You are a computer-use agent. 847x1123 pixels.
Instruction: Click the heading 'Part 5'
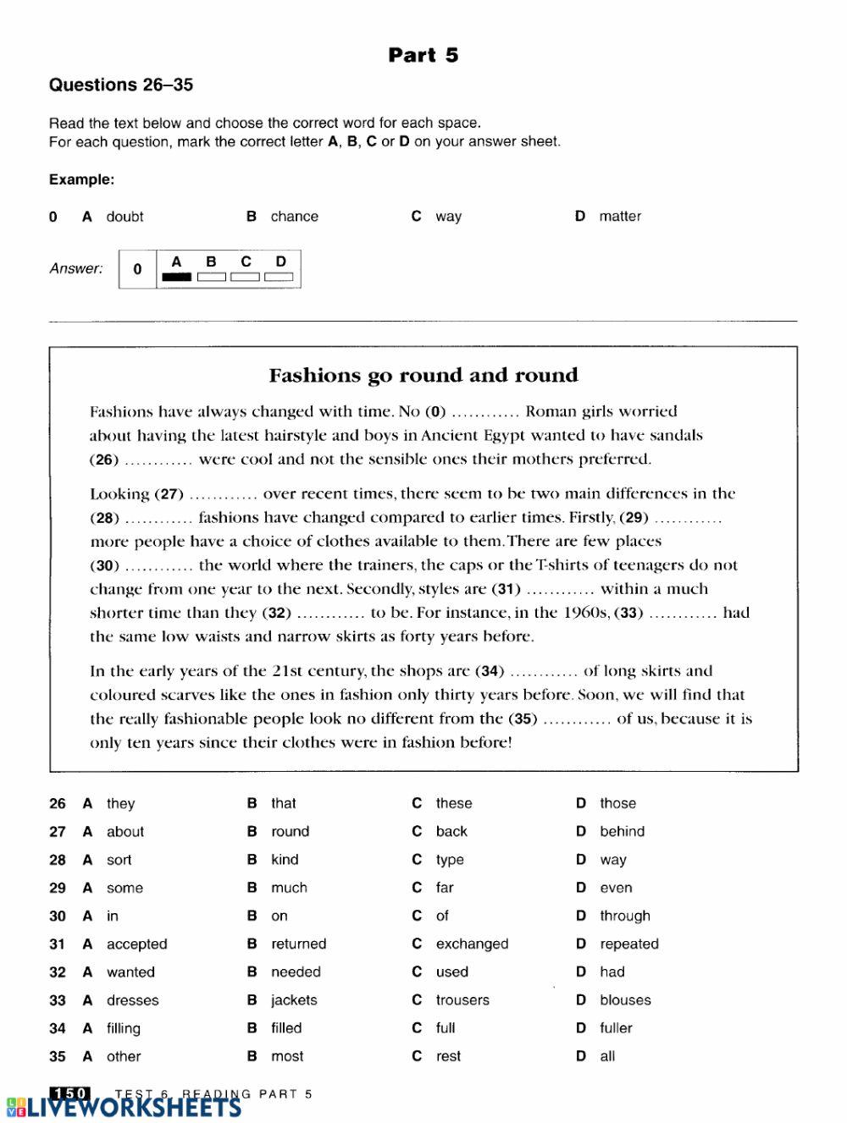coord(423,55)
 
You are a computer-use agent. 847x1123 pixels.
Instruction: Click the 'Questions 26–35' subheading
coord(121,85)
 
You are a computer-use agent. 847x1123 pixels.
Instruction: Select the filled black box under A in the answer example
coord(176,276)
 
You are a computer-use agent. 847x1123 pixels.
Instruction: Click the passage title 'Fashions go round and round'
coord(423,375)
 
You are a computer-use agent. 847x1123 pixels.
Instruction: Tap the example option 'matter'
coord(619,217)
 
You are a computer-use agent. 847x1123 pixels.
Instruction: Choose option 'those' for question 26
coord(617,803)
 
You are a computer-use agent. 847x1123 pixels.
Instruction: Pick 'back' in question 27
coord(451,831)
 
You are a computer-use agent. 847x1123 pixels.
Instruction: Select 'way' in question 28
coord(613,860)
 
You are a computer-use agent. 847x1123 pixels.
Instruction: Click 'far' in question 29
coord(445,888)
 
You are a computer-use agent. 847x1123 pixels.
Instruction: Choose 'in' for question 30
coord(113,916)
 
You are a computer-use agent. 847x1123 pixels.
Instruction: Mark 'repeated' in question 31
coord(628,944)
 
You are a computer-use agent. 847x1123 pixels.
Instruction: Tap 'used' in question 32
coord(451,972)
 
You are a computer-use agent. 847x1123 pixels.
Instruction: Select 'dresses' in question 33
coord(132,1000)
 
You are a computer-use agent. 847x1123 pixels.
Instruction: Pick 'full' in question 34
coord(446,1028)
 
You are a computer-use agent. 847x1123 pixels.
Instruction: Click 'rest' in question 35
coord(448,1056)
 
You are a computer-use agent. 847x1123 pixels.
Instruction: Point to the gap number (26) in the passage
coord(104,460)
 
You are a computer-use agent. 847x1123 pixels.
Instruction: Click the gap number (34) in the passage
coord(490,672)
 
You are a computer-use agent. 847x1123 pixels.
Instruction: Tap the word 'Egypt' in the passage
coord(495,436)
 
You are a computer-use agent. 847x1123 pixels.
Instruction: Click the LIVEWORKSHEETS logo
coord(123,1108)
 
